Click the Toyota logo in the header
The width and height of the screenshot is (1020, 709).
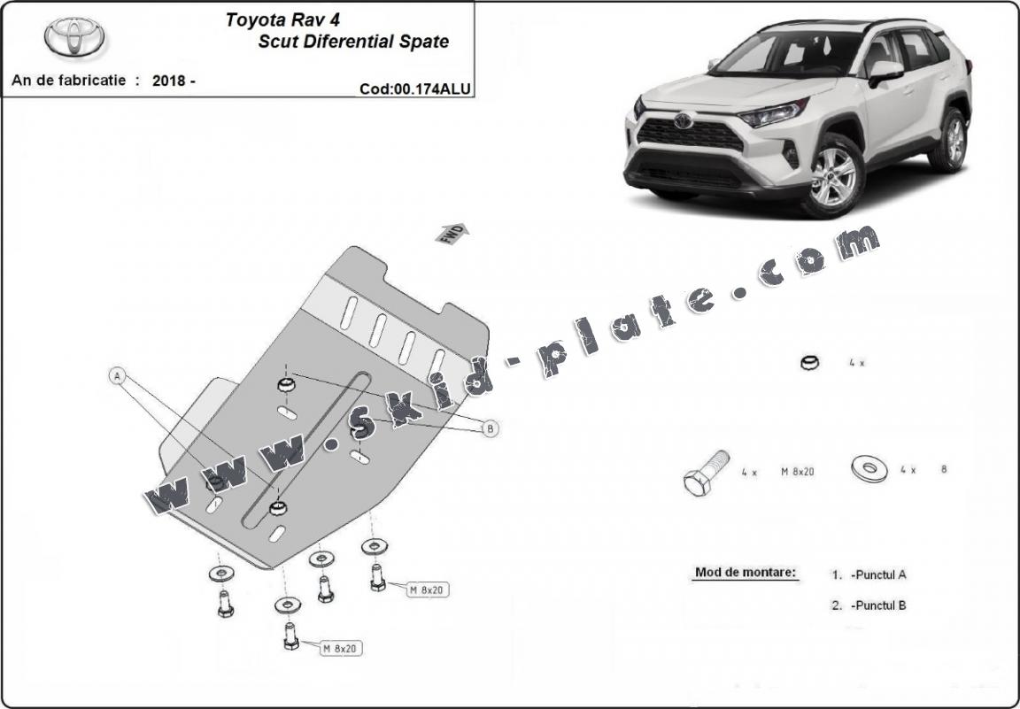(x=74, y=37)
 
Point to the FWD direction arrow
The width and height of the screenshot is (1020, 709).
(x=452, y=234)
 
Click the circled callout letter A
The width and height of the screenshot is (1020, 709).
(x=117, y=376)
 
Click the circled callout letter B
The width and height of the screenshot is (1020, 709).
(x=490, y=428)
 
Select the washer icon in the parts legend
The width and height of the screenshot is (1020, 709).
(x=869, y=469)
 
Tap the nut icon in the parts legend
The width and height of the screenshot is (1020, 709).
(x=809, y=362)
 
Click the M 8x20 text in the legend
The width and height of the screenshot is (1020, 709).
(x=797, y=472)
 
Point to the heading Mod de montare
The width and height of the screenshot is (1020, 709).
(x=746, y=572)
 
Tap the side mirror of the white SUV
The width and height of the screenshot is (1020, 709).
(x=885, y=71)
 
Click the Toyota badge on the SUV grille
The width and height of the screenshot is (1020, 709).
(x=683, y=121)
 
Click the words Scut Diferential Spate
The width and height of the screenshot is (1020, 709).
(x=353, y=42)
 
